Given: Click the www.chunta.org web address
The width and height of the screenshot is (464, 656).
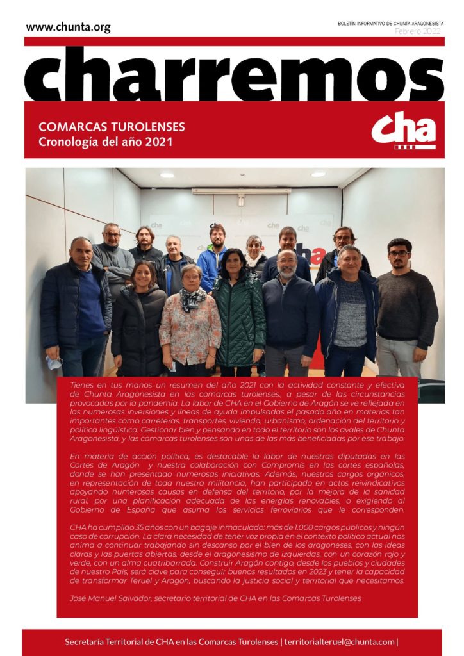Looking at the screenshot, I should [68, 27].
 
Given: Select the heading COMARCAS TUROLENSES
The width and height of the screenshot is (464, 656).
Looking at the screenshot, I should [112, 126].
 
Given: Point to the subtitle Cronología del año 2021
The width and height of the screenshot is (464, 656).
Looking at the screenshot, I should [106, 141].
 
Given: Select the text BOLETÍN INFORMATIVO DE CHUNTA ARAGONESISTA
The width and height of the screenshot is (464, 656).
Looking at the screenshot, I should [390, 23].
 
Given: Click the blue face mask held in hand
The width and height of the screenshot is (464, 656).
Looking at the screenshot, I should [55, 363].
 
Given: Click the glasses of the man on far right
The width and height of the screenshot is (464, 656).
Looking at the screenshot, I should [399, 254].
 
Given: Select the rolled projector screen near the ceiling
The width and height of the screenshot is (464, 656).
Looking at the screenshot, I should [240, 191].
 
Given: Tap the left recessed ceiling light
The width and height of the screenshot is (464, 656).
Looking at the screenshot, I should [167, 175].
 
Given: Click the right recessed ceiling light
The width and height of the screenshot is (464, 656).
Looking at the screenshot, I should [318, 174].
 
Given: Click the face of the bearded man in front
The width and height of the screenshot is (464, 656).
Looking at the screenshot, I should [288, 265].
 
